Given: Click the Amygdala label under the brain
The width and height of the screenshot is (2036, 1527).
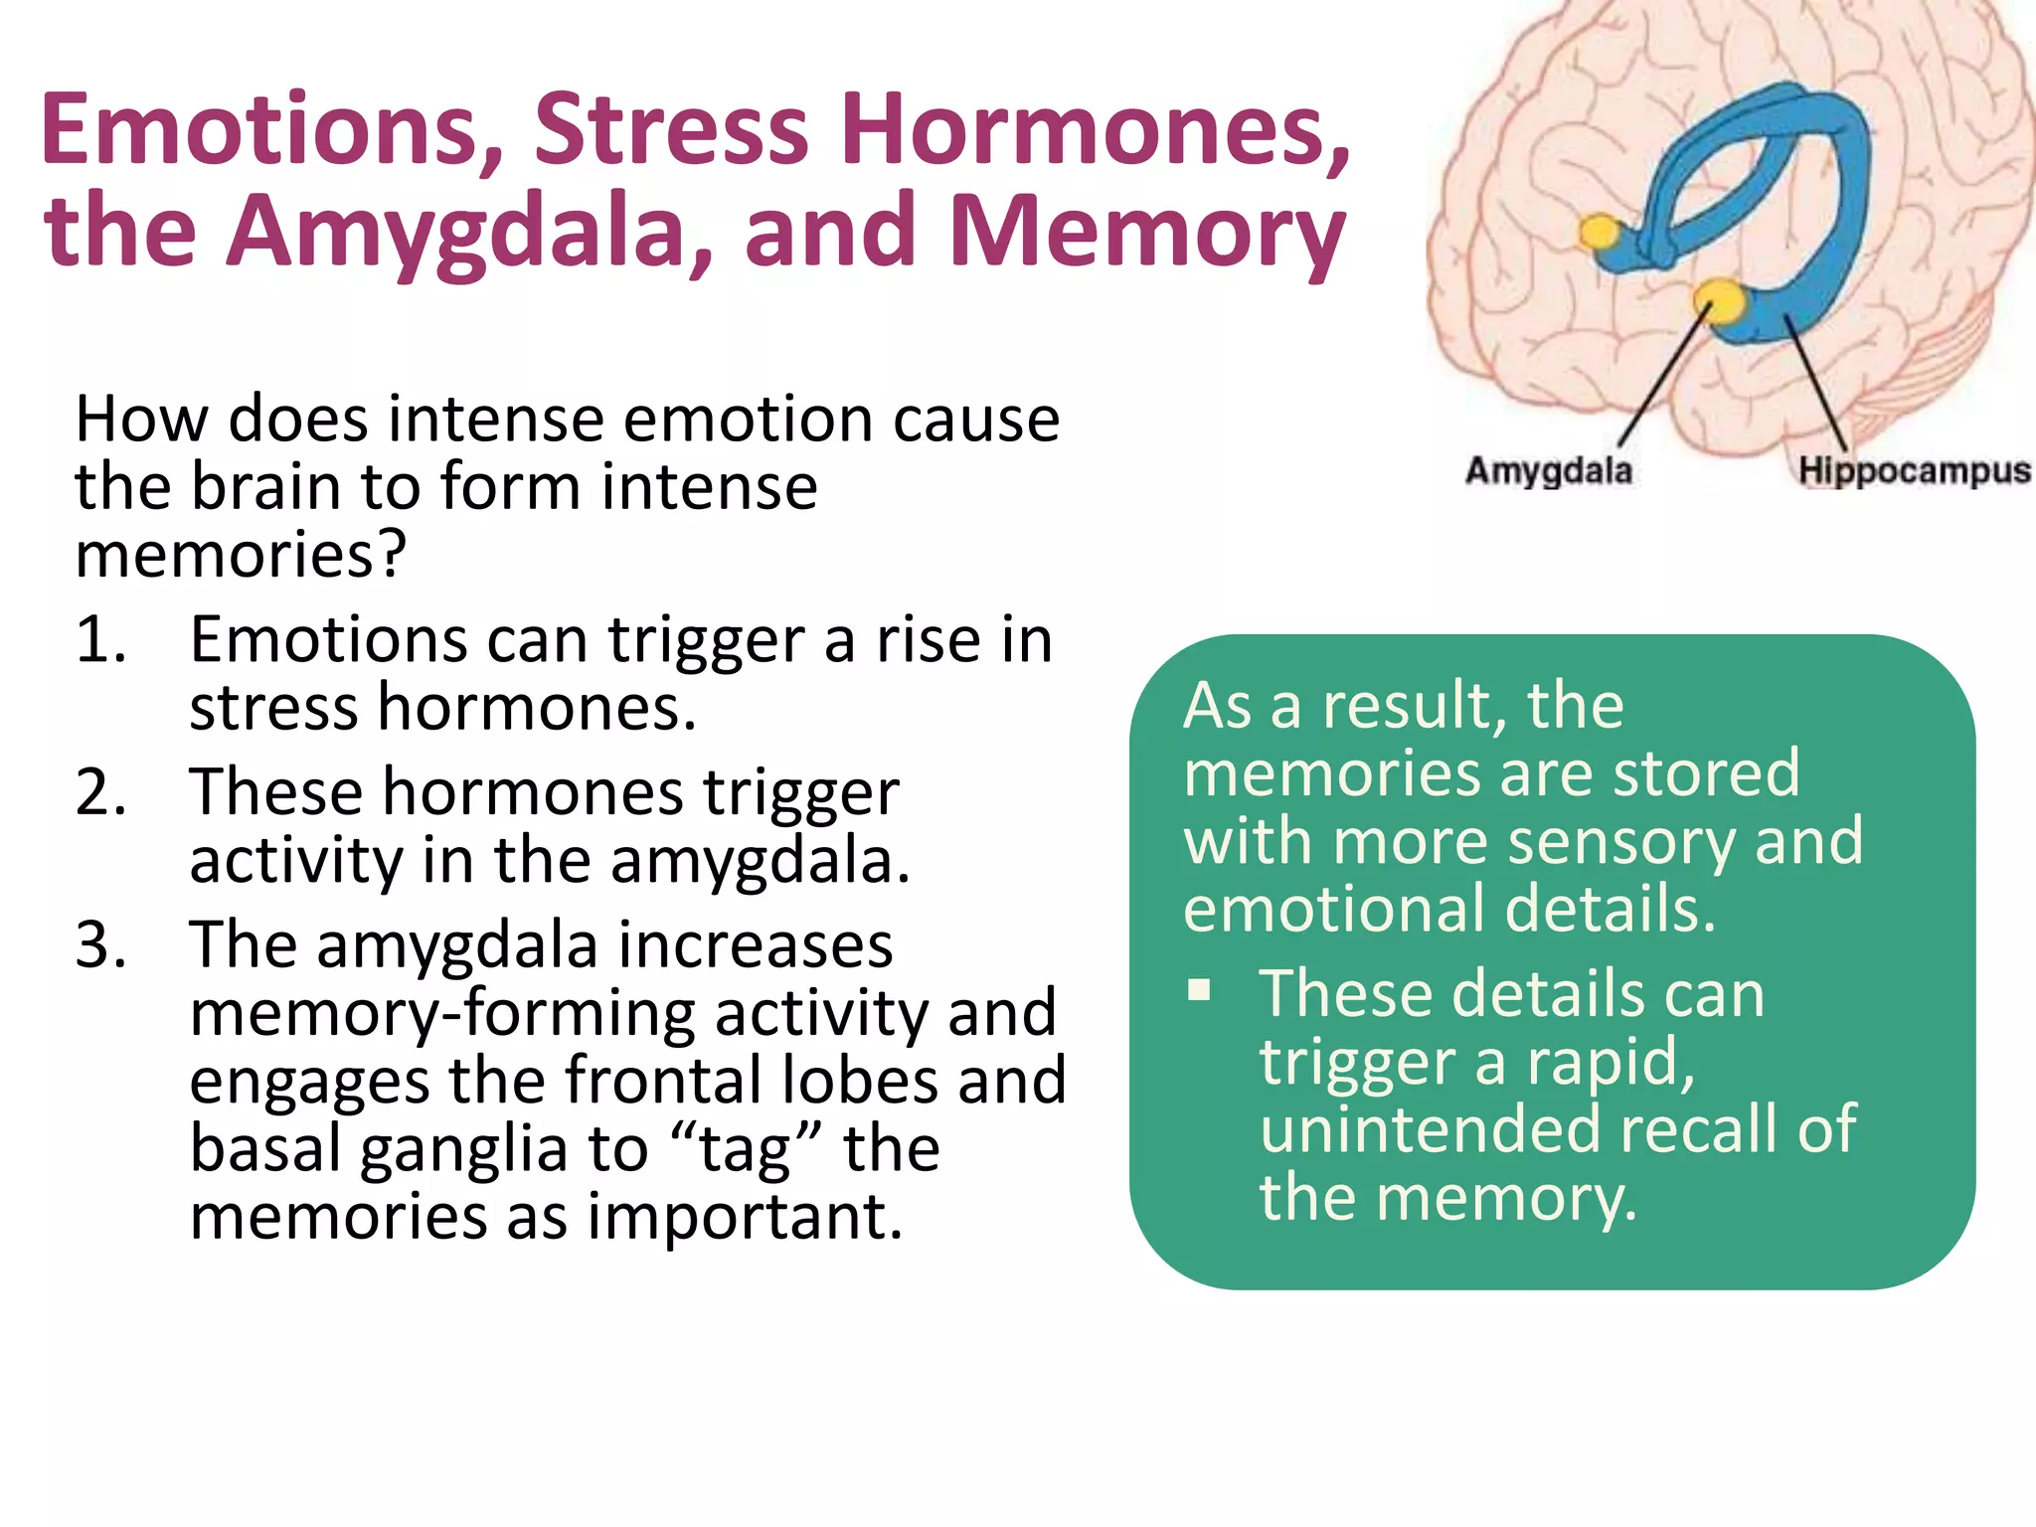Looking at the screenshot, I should tap(1548, 470).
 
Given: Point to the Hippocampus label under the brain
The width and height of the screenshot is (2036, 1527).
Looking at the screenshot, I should tap(1914, 470).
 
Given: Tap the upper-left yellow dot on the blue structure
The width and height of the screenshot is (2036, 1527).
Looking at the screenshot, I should tap(1600, 233).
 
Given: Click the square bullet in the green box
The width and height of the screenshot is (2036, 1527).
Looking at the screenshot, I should tap(1200, 989).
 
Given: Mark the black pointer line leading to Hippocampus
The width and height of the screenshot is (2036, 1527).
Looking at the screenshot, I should tap(1814, 383).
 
